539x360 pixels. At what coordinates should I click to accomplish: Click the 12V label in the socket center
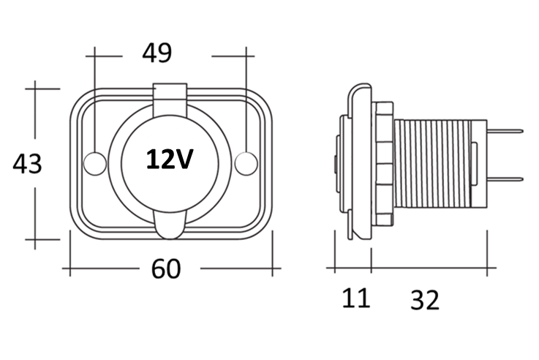coord(170,159)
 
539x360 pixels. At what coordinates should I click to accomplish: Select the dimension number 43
coord(27,164)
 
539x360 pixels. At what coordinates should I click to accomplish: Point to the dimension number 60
coord(166,269)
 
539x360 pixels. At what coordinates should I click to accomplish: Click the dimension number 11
coord(356,298)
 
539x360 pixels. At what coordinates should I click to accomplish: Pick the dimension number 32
coord(425,299)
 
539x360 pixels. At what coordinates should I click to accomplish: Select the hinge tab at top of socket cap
coord(170,94)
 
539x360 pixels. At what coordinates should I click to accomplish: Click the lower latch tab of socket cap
coord(170,227)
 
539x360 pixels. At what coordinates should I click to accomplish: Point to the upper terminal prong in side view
coord(505,132)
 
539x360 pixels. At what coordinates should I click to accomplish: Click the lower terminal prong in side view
coord(505,179)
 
